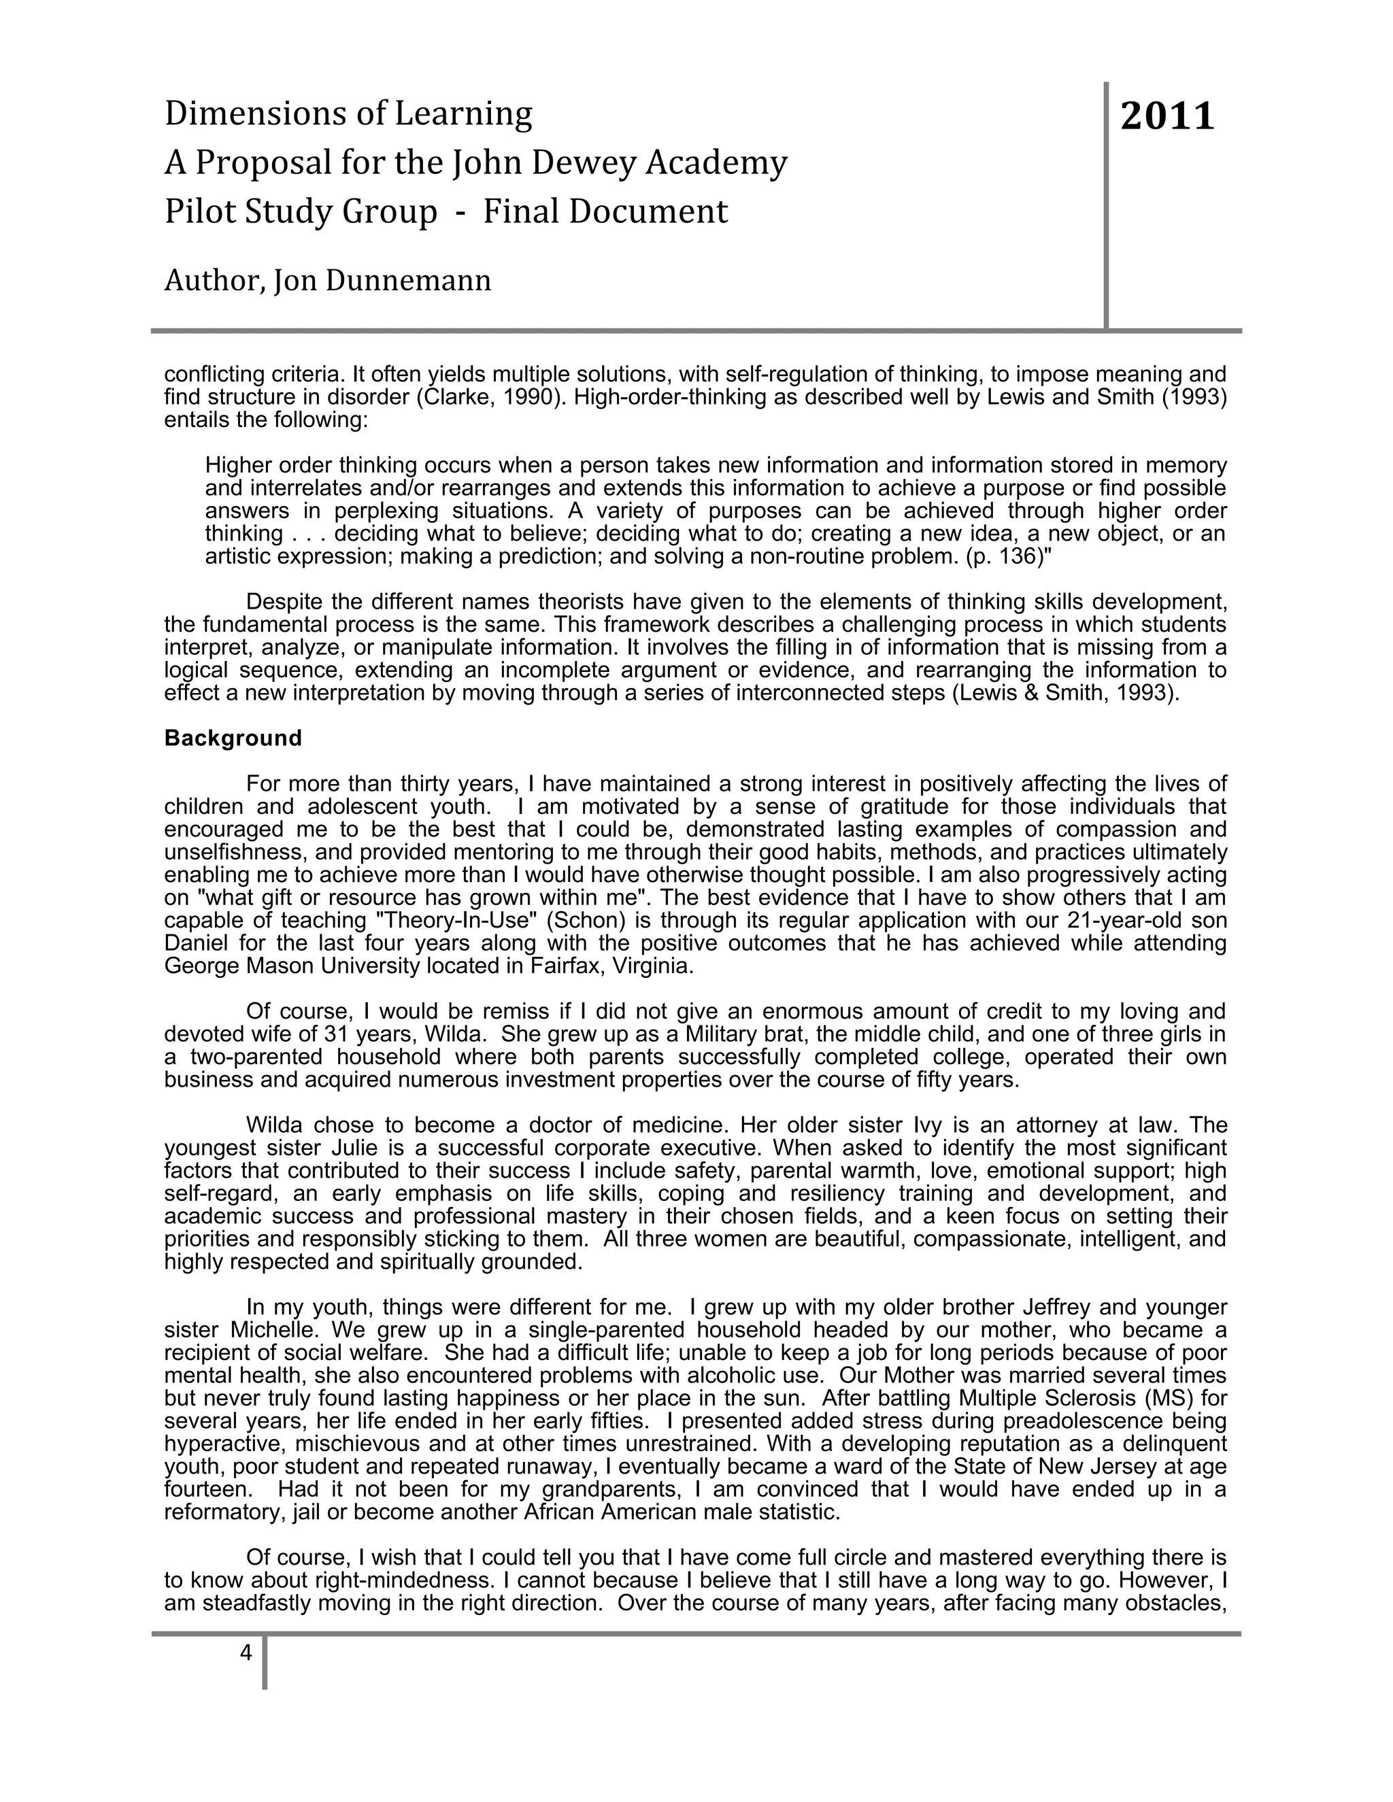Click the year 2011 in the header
(1167, 116)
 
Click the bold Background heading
(233, 738)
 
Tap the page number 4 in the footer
(245, 1652)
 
